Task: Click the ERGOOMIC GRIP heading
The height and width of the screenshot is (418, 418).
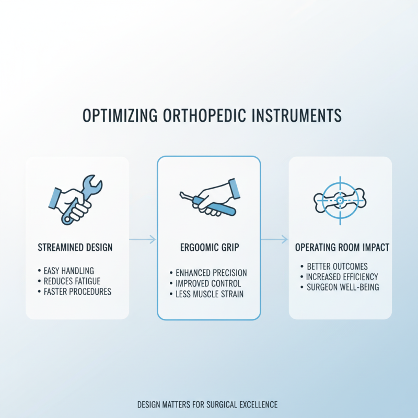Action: pos(209,247)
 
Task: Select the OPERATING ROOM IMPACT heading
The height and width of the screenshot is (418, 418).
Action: pos(342,247)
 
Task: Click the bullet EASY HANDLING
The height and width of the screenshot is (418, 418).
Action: pos(68,271)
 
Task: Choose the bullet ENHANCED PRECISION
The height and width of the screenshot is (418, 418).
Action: pos(211,273)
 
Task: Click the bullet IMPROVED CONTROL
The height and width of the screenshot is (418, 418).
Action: pos(208,283)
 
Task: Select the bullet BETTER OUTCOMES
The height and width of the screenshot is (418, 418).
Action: pos(336,266)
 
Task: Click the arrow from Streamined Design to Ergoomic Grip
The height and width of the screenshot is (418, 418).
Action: pos(142,240)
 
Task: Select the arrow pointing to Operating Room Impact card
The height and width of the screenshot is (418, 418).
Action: pos(274,240)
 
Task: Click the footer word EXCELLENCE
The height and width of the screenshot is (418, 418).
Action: pos(257,404)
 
